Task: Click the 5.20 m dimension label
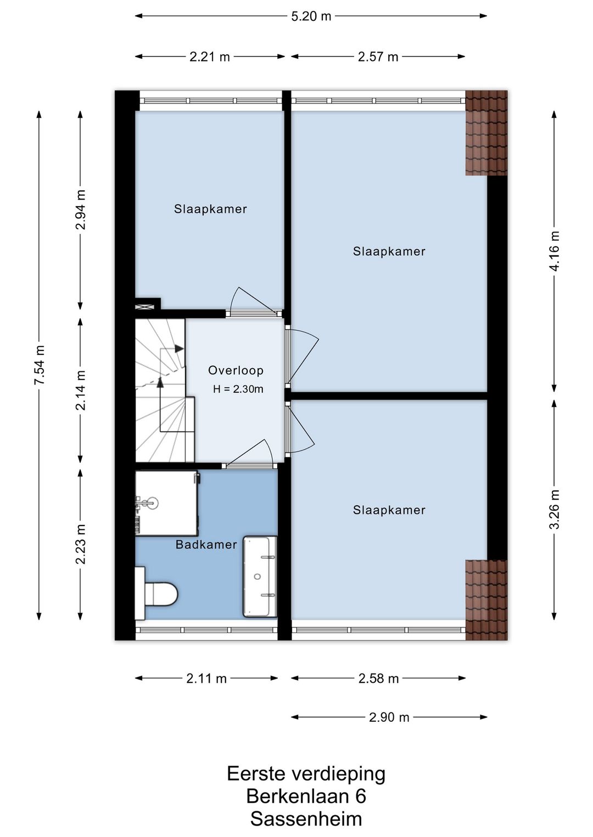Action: point(311,16)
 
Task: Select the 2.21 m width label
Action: point(210,57)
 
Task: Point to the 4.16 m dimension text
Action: point(555,251)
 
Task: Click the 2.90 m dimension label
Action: point(389,717)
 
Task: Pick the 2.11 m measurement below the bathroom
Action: point(206,678)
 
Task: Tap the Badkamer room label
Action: point(206,545)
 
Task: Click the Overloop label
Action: point(236,370)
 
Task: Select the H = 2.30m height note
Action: point(238,389)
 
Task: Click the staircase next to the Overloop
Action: point(165,391)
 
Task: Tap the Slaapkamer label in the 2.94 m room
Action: point(210,209)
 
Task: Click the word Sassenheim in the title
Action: point(306,819)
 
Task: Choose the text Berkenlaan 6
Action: point(306,796)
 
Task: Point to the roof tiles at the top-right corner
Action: point(486,133)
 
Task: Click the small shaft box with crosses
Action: point(145,307)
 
